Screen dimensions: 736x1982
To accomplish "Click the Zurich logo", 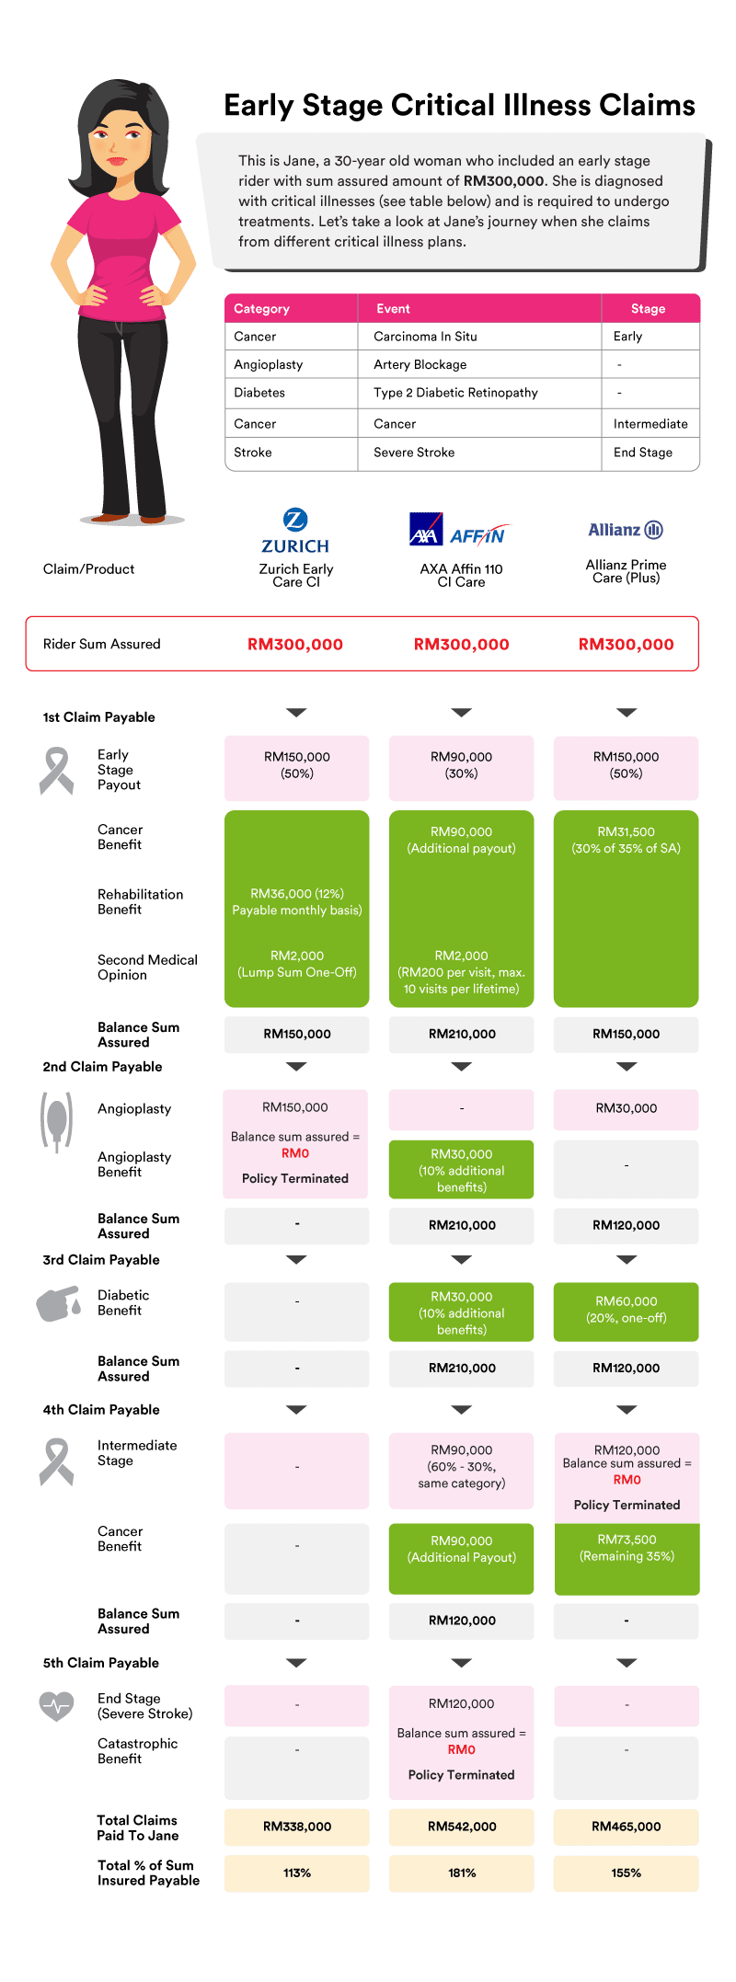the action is [295, 531].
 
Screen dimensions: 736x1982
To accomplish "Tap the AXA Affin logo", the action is [457, 530].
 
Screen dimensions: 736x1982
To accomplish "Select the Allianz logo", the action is [626, 530].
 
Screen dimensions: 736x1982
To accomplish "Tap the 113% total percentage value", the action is [297, 1873].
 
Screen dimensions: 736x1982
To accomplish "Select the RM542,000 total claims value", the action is [462, 1827].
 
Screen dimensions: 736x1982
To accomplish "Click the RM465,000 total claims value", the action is [627, 1827].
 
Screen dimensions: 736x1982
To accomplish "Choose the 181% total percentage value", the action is [462, 1873].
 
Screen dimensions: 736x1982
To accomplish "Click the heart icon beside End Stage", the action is [56, 1706].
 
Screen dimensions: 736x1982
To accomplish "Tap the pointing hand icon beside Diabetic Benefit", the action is [59, 1304].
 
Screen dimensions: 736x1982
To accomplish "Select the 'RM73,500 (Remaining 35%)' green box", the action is [627, 1559].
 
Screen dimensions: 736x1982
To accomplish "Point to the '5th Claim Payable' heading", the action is [100, 1663].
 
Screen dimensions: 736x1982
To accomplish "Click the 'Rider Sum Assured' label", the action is [101, 644].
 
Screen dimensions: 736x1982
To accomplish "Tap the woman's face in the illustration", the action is [120, 146].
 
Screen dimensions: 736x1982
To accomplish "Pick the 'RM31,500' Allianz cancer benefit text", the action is [627, 831].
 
